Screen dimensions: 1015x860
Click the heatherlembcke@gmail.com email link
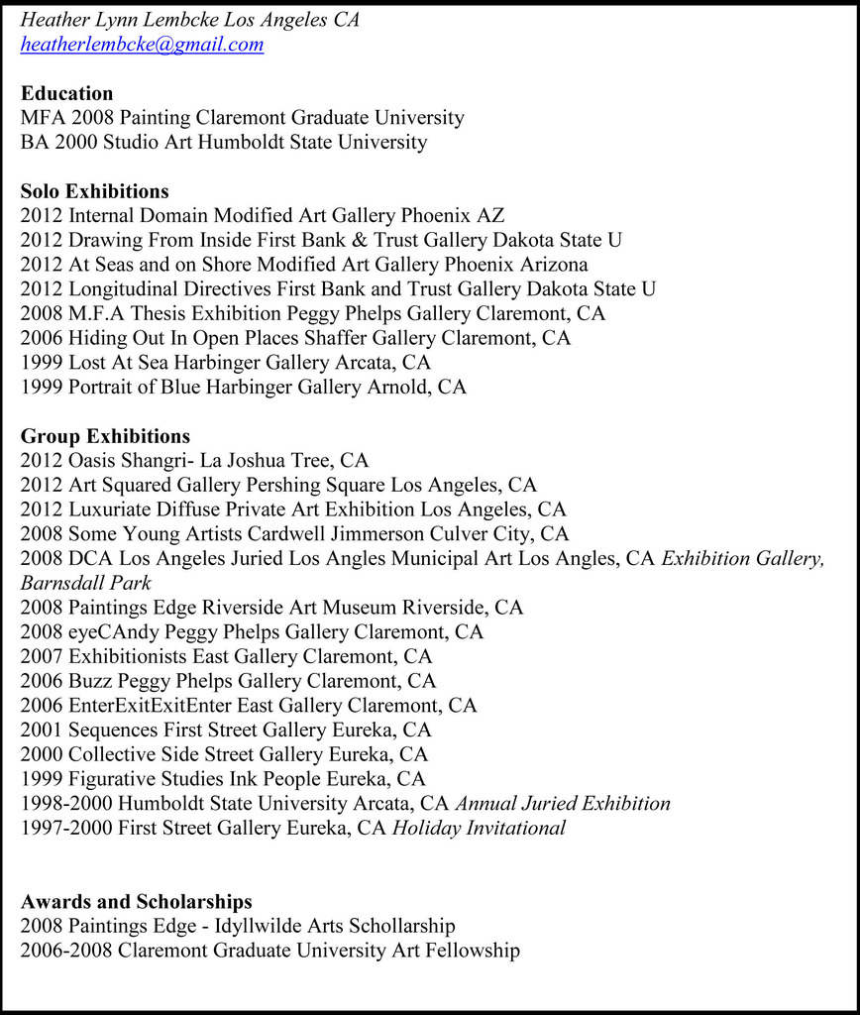[x=142, y=45]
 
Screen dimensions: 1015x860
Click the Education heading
[x=66, y=93]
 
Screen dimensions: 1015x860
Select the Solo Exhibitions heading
[x=94, y=191]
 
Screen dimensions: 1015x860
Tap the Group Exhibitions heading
[x=105, y=436]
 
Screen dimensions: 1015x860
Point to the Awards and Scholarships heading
[x=136, y=901]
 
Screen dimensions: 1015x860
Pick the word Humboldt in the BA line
[x=241, y=142]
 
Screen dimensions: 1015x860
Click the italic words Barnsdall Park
[x=85, y=583]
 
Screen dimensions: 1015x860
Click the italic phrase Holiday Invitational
[x=479, y=828]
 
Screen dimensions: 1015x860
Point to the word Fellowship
[x=472, y=951]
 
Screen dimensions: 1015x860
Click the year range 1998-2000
[x=66, y=804]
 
